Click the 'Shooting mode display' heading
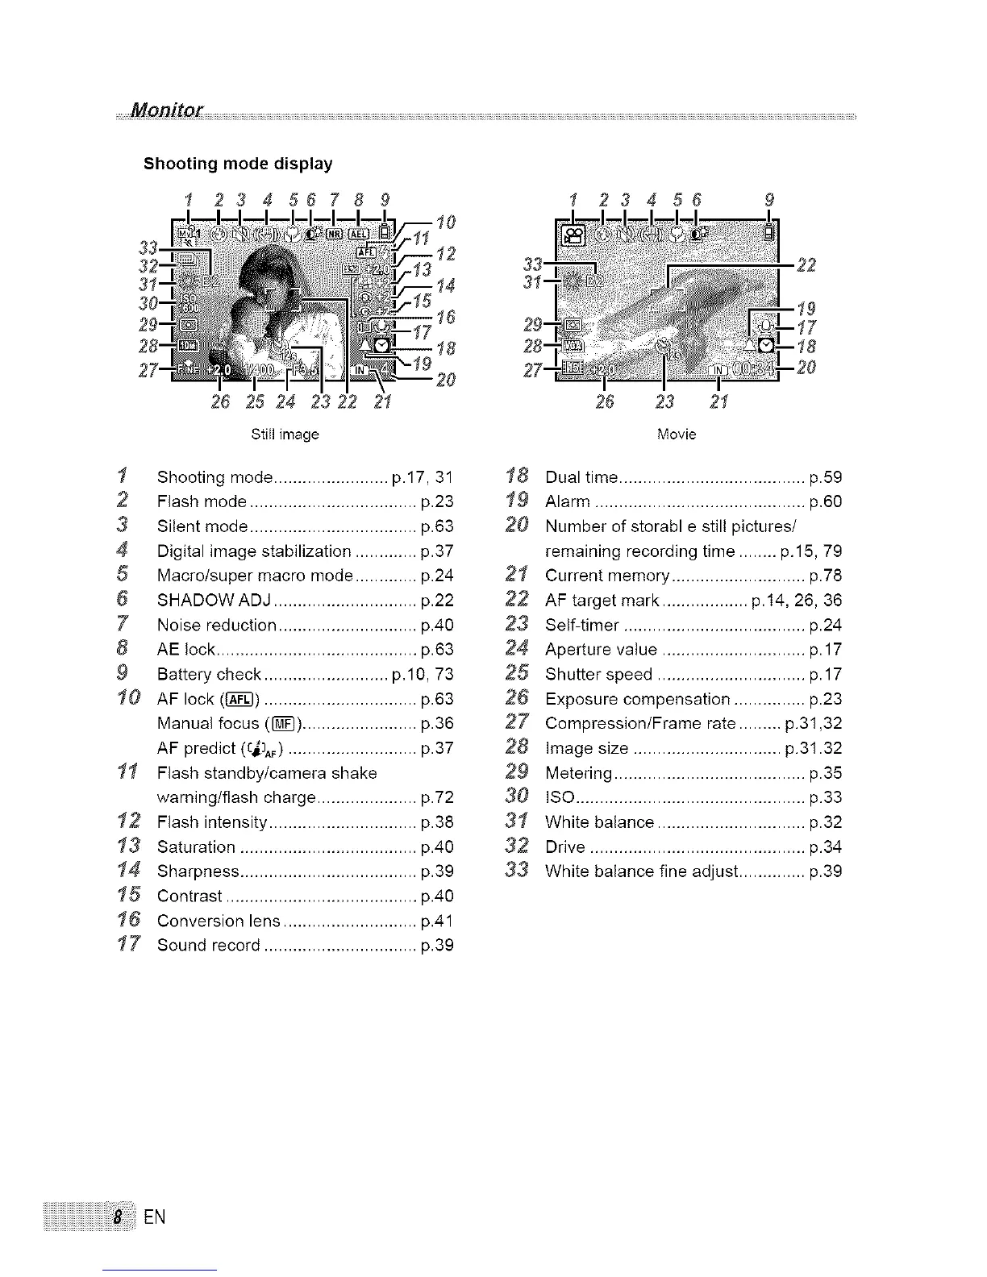point(237,164)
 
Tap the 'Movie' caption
point(676,435)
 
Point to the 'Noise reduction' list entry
point(216,626)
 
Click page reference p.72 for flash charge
point(437,798)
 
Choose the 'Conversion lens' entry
point(219,921)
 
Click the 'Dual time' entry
point(581,478)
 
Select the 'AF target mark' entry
point(602,601)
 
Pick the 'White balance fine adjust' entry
point(642,872)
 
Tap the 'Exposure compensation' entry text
point(637,700)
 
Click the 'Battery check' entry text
point(209,675)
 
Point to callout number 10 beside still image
point(447,222)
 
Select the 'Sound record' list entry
point(208,946)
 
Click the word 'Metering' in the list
point(578,774)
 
